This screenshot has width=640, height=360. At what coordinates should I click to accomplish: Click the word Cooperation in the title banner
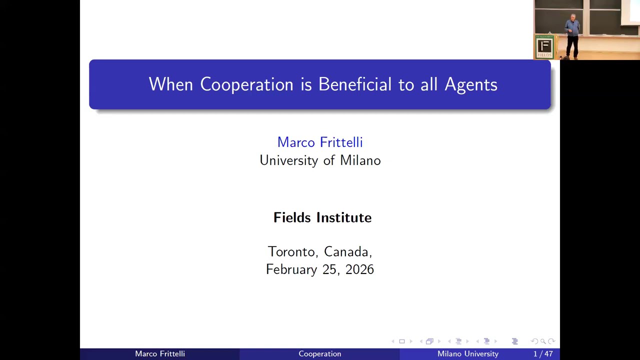coord(246,84)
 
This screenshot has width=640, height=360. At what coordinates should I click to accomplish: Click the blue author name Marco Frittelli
coord(320,142)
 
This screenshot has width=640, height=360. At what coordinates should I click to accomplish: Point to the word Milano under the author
coord(360,160)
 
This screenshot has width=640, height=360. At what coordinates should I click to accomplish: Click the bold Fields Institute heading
coord(322,217)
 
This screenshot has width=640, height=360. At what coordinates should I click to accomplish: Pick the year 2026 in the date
coord(359,269)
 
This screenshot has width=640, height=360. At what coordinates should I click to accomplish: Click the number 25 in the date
coord(329,269)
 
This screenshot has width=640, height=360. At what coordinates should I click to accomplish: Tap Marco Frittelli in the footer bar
coord(160,354)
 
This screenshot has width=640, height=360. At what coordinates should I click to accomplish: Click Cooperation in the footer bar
coord(320,354)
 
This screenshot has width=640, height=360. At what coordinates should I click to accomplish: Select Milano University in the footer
coord(468,354)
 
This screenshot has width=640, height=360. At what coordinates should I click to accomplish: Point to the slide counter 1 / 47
coord(543,354)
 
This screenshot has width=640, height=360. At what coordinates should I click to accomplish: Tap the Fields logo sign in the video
coord(544,47)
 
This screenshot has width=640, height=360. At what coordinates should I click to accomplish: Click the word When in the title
coord(170,84)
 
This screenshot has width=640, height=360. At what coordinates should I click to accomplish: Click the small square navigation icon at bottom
coord(401,341)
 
